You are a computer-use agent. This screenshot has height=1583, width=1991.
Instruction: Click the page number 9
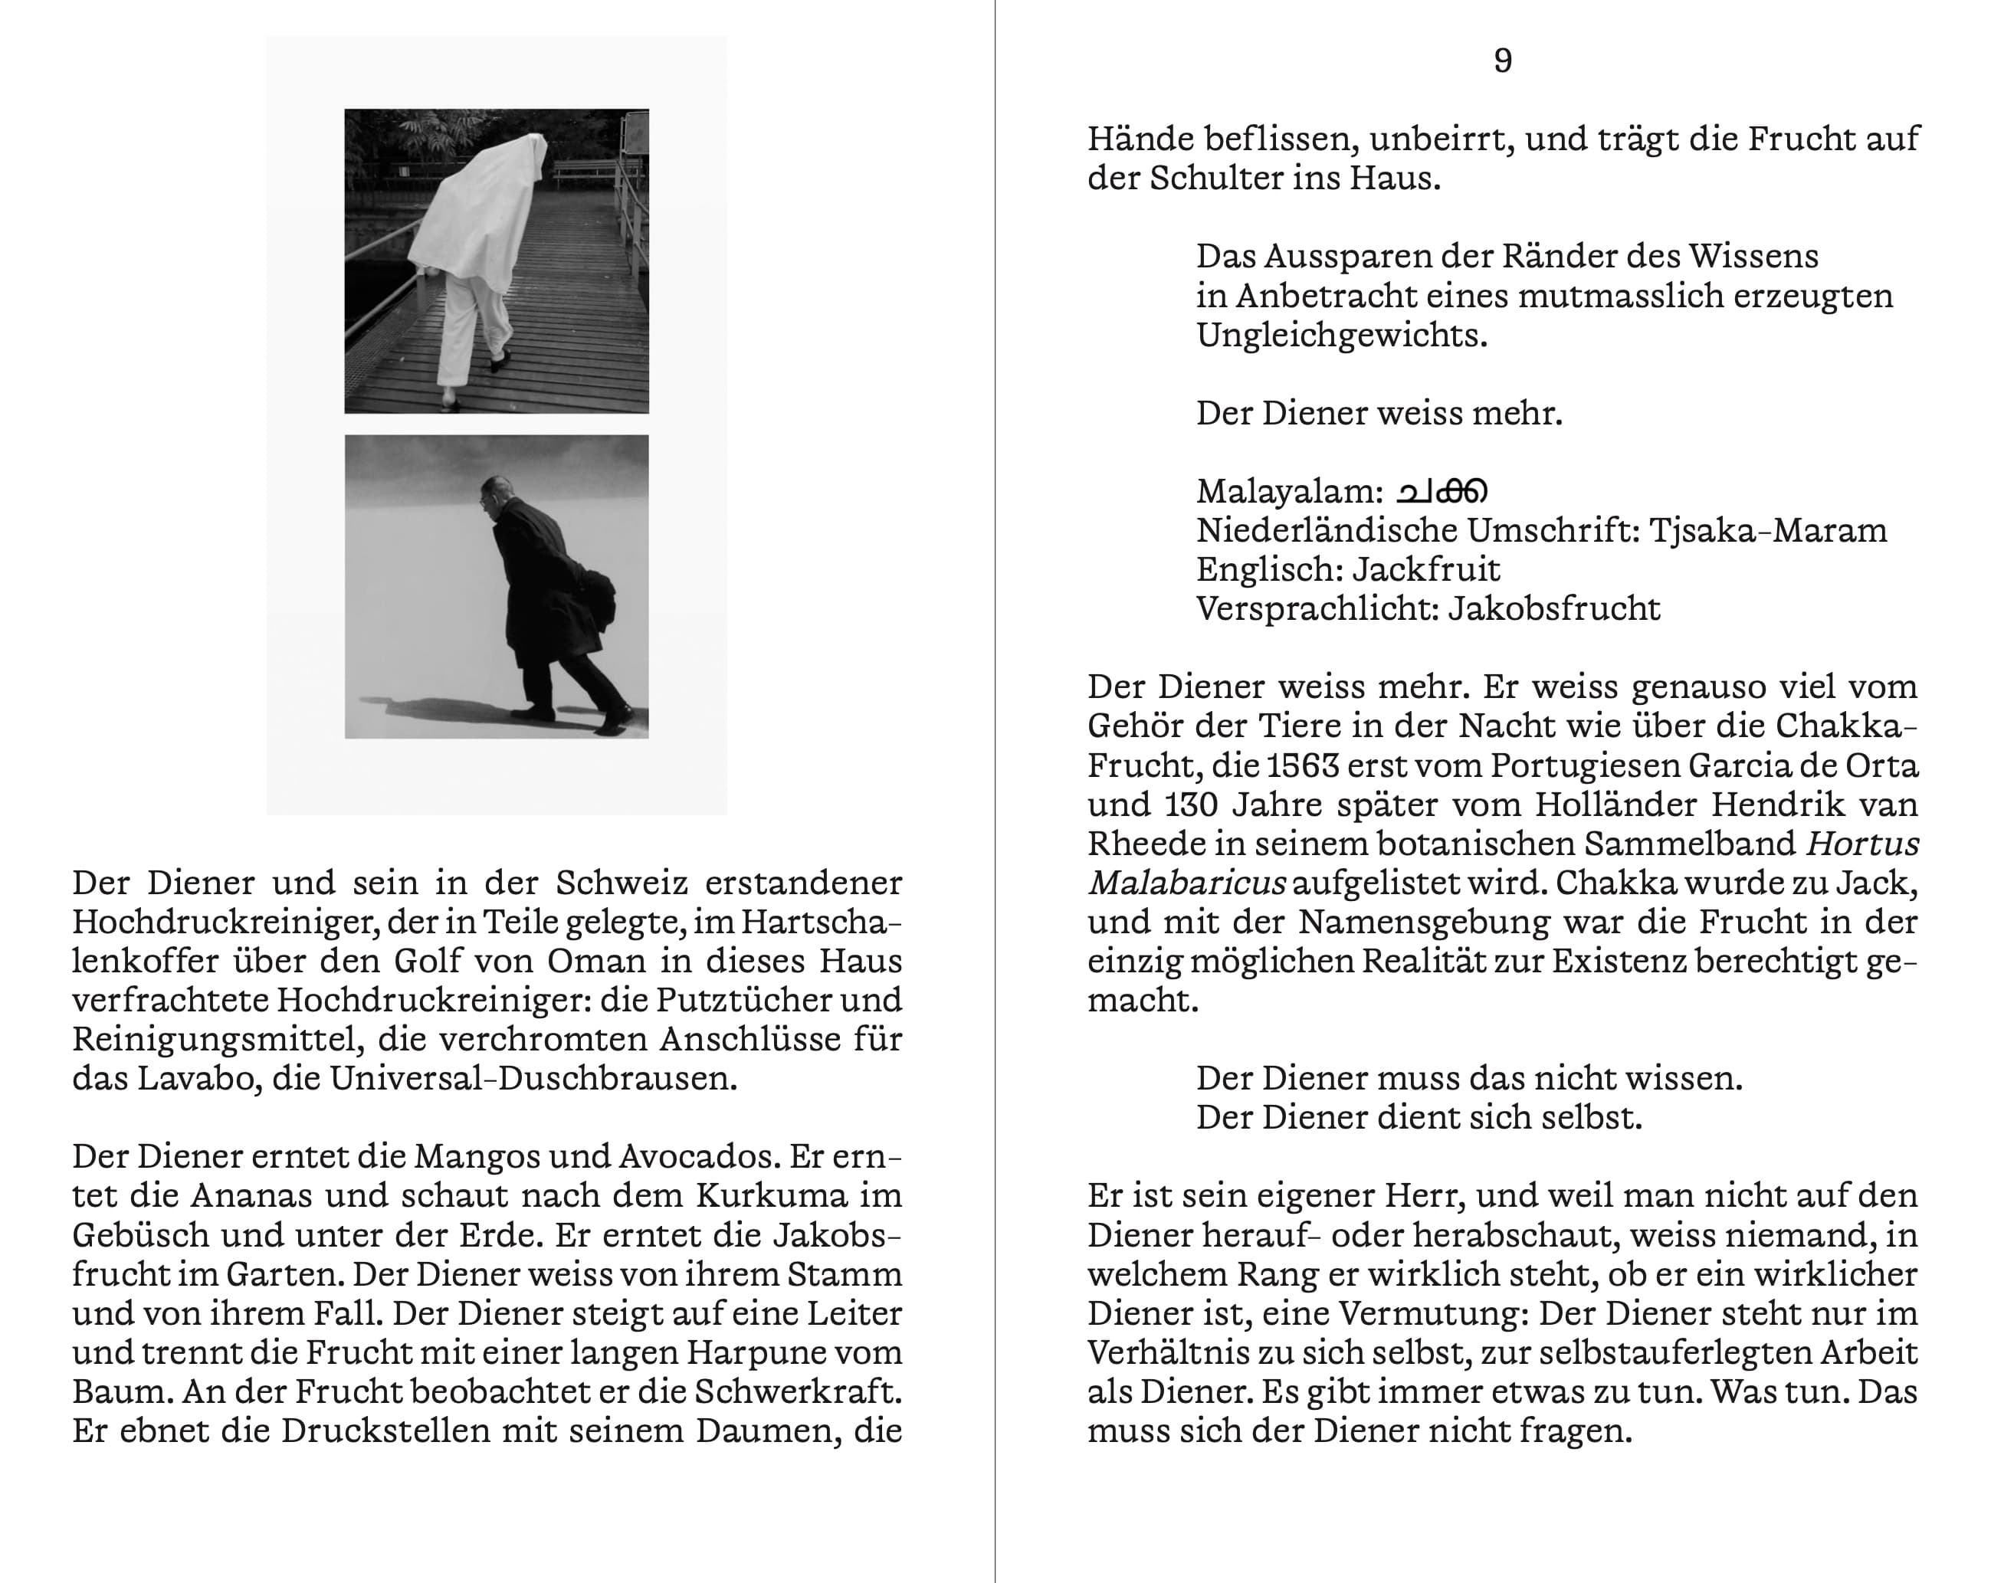click(1503, 61)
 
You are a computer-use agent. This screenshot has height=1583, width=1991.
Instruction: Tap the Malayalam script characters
click(1442, 491)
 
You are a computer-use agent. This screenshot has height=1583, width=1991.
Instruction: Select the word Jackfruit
click(1427, 569)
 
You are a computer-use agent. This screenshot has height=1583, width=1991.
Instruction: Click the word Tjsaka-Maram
click(1767, 531)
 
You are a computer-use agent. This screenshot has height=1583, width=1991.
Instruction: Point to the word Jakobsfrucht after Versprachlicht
click(1553, 609)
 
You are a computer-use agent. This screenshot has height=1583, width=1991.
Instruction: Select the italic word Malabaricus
click(1186, 883)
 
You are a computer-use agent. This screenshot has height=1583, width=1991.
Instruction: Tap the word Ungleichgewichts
click(1342, 335)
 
